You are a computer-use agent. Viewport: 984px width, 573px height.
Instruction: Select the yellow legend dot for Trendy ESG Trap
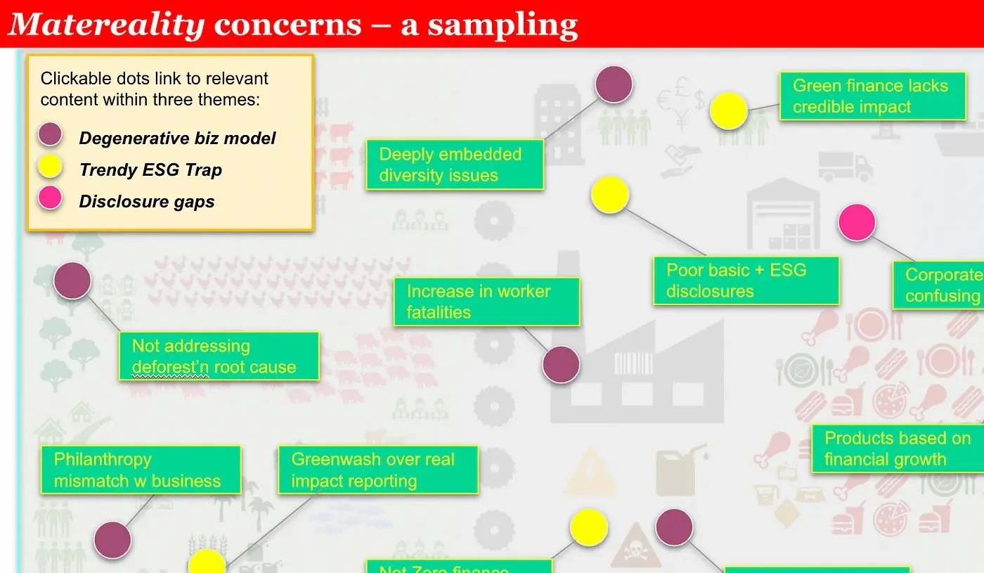[50, 167]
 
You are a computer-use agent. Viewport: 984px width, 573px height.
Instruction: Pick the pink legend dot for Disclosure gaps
[50, 198]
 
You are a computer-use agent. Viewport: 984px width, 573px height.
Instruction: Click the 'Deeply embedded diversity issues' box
[455, 165]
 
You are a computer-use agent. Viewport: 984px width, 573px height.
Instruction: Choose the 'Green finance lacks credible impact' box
[872, 96]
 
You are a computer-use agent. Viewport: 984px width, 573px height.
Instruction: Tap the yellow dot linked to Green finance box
[728, 111]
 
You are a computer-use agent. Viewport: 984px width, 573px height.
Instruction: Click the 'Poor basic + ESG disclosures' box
[746, 281]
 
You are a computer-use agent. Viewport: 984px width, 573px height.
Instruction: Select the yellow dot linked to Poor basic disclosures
[609, 195]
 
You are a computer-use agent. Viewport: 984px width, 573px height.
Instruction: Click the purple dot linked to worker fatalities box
[561, 365]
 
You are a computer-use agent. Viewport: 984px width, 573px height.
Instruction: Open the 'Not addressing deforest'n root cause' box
[219, 356]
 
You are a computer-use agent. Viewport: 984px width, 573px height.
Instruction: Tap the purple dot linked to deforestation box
[72, 280]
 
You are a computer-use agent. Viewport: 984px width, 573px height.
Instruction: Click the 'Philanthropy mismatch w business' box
[140, 470]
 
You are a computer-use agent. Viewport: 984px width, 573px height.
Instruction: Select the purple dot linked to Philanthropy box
[112, 540]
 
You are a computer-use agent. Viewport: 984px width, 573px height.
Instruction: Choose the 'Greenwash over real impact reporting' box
[377, 470]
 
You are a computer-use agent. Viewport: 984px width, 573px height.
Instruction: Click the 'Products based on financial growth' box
[896, 449]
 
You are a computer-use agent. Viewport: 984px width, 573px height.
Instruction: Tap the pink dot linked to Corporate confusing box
[857, 223]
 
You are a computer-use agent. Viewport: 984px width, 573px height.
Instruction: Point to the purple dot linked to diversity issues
[614, 84]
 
